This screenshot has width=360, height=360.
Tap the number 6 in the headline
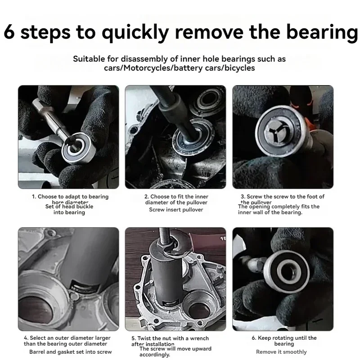click(x=10, y=32)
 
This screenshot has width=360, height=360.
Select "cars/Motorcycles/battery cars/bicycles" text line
click(x=180, y=68)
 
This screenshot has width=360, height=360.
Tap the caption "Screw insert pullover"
click(x=176, y=209)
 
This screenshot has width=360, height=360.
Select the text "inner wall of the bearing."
click(x=270, y=212)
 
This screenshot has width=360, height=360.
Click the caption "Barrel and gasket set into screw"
click(x=70, y=351)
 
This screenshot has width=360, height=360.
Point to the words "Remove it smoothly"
click(x=281, y=351)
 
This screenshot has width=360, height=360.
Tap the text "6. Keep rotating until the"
click(x=284, y=338)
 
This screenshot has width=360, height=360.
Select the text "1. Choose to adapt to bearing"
click(x=70, y=197)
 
